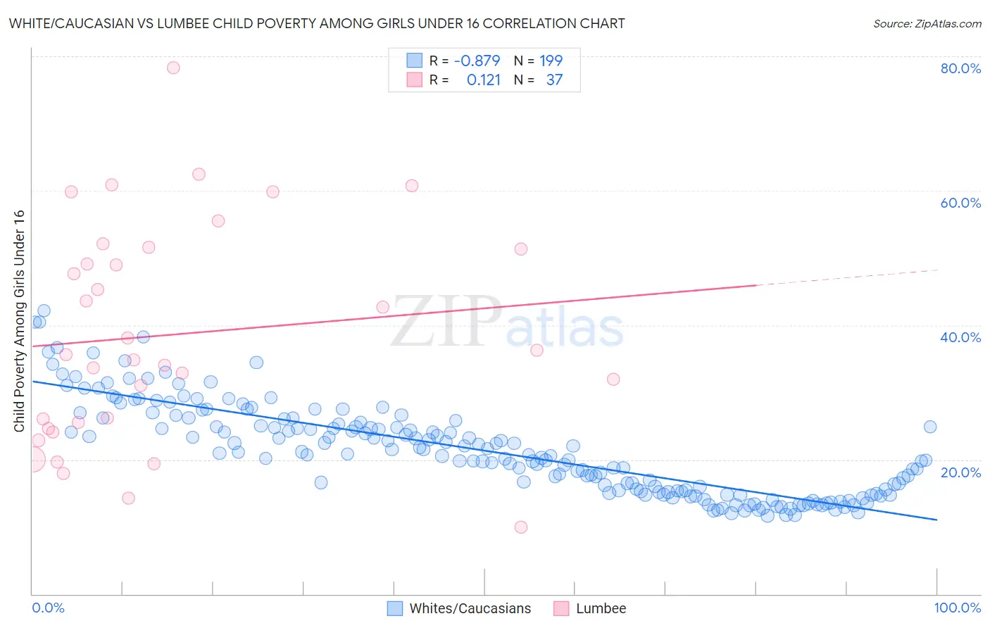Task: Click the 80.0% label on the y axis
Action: click(x=960, y=68)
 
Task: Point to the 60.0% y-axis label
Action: click(x=960, y=203)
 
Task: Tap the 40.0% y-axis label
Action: click(x=960, y=337)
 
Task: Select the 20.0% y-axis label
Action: click(x=960, y=472)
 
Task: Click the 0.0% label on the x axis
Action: click(x=48, y=608)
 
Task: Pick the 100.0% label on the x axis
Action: click(x=957, y=608)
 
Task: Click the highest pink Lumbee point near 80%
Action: click(x=173, y=68)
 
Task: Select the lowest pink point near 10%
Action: click(x=521, y=527)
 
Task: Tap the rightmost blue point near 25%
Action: click(x=930, y=427)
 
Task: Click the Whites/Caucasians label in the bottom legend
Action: click(x=470, y=608)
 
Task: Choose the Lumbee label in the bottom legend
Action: click(x=601, y=608)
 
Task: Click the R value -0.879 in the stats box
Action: click(x=477, y=61)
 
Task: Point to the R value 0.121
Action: click(x=483, y=80)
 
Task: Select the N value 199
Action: click(x=551, y=61)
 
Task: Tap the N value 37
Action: click(x=554, y=80)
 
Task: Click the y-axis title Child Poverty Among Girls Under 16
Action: click(x=19, y=321)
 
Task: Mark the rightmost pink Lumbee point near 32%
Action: click(x=613, y=379)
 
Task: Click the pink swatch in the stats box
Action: click(x=414, y=80)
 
